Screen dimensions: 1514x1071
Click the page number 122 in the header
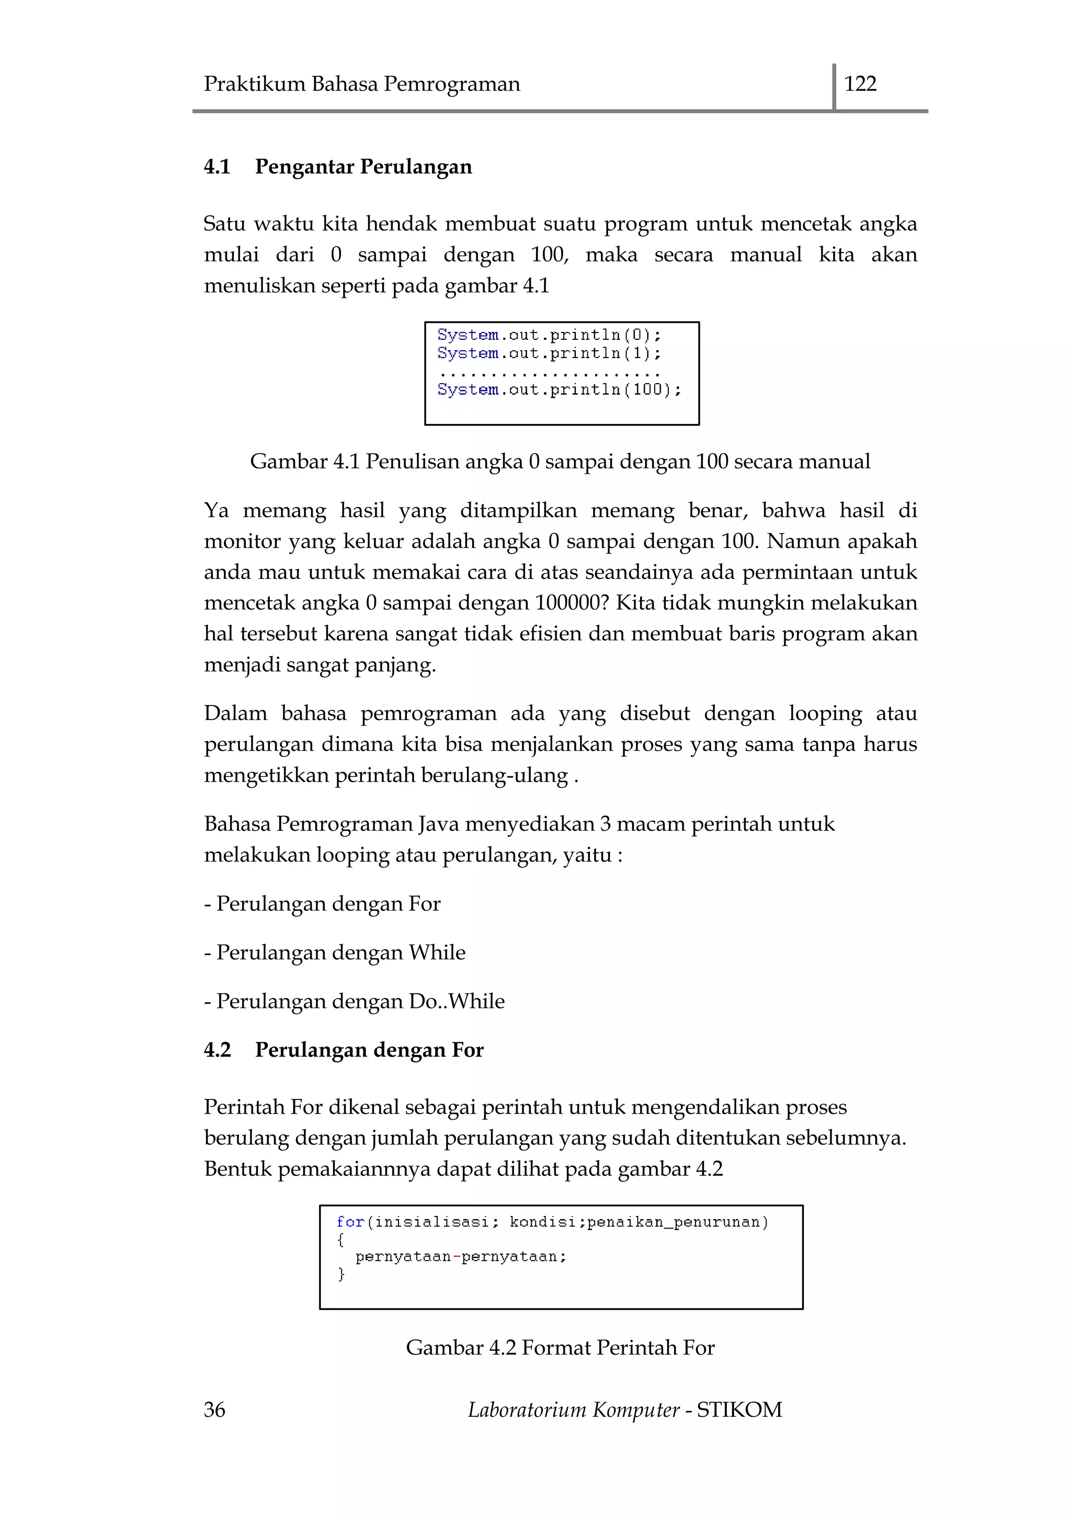tap(860, 84)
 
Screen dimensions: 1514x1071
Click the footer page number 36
tap(214, 1410)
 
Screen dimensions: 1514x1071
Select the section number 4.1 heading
tap(217, 166)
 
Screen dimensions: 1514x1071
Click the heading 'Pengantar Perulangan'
tap(363, 167)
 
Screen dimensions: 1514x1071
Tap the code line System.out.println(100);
tap(559, 389)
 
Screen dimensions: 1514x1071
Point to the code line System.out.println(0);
tap(549, 335)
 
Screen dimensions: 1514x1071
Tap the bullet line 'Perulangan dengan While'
tap(334, 952)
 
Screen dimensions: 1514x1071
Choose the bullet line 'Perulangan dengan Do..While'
tap(354, 1001)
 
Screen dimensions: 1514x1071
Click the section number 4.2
tap(217, 1050)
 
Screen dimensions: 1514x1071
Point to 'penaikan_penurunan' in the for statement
tap(677, 1222)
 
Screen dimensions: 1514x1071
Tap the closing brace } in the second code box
tap(341, 1274)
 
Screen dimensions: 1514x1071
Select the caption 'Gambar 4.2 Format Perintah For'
tap(560, 1347)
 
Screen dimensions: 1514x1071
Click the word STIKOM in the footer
tap(739, 1410)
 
